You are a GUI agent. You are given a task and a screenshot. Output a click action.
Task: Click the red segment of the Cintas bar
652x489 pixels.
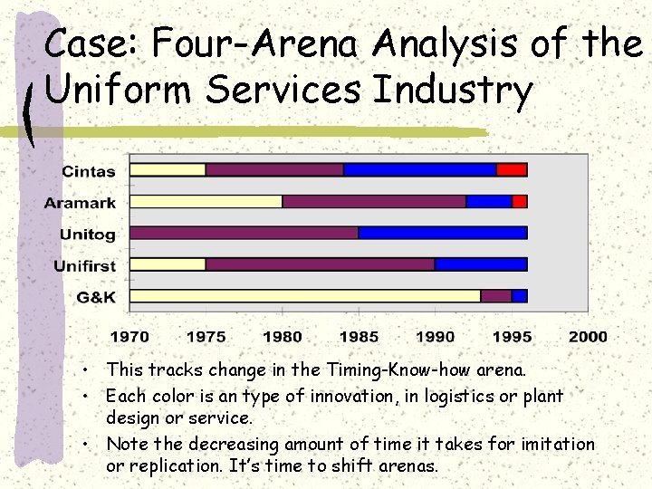pos(512,169)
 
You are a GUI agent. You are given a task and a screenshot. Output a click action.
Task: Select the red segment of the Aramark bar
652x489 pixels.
pos(520,201)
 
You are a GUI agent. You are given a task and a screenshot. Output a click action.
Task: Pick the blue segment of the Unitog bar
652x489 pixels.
pos(443,233)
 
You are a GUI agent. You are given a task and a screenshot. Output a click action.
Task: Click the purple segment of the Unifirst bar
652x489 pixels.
pos(320,264)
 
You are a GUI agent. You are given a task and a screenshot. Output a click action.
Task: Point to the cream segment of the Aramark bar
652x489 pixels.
pos(206,201)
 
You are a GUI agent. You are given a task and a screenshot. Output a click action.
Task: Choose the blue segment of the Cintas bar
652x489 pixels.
pos(420,169)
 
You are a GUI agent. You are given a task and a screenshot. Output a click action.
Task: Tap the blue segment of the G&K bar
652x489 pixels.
pos(519,296)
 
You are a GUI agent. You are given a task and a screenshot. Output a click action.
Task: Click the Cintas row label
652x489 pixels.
pos(89,171)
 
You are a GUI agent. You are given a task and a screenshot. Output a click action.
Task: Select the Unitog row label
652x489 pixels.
pos(88,235)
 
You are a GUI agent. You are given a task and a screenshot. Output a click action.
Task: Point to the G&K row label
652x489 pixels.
pos(97,297)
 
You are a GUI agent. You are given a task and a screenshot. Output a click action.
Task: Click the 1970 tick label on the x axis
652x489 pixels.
pos(129,337)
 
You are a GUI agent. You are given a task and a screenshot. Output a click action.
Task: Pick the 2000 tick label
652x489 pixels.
pos(588,337)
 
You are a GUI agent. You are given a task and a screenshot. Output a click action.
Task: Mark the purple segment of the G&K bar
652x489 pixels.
pos(495,296)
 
